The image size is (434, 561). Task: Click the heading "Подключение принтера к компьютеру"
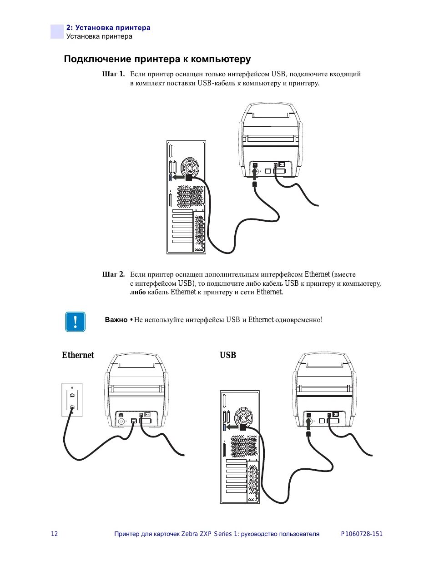tap(157, 59)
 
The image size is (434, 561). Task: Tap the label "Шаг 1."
tap(113, 74)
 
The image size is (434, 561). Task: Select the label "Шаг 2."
tap(113, 274)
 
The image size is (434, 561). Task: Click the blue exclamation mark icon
tap(75, 322)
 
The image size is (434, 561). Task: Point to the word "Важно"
tap(116, 320)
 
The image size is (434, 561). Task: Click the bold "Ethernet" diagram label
tap(78, 355)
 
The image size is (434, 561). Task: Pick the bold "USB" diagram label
tap(228, 355)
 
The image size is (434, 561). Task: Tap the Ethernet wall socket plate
tap(72, 400)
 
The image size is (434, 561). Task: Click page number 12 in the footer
tap(54, 534)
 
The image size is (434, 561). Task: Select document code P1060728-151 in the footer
tap(362, 534)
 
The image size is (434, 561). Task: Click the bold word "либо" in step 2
tap(138, 292)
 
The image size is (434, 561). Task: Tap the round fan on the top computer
tap(189, 167)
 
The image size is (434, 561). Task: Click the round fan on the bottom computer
tap(243, 417)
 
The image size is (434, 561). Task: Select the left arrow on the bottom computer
tap(232, 427)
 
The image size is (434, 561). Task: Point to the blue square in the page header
tap(57, 32)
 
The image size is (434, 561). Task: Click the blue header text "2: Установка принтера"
tap(108, 28)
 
